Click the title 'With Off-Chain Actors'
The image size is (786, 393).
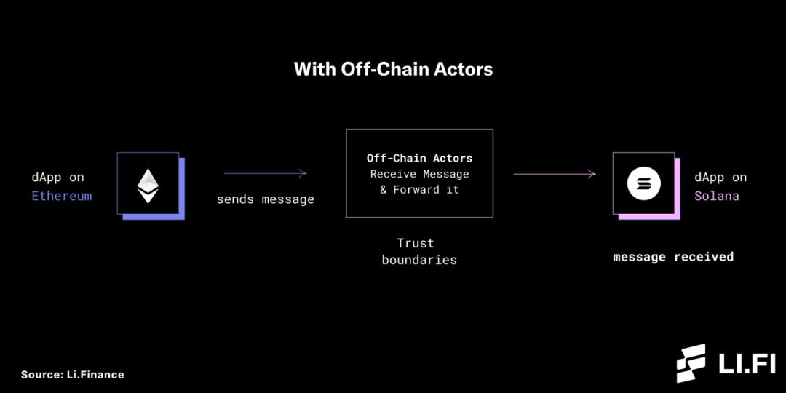click(x=393, y=69)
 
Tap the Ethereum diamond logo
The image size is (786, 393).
click(x=148, y=186)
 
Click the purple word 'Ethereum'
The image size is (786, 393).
click(x=61, y=196)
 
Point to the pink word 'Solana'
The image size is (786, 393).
click(x=716, y=196)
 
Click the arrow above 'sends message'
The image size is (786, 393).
click(x=265, y=173)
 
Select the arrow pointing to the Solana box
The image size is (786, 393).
click(x=554, y=173)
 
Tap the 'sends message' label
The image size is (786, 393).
click(x=265, y=199)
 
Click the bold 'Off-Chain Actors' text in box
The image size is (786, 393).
click(x=419, y=158)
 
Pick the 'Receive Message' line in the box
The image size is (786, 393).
click(x=419, y=174)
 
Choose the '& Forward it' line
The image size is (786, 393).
click(x=419, y=189)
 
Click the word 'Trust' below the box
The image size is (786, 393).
click(x=416, y=243)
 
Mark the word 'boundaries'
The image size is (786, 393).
click(x=419, y=260)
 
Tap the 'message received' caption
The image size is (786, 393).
click(x=672, y=257)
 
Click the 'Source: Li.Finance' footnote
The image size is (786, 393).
click(x=72, y=375)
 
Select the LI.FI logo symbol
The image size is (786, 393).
click(x=691, y=363)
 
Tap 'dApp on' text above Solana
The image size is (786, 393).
click(x=720, y=177)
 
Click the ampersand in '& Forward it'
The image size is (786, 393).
click(x=384, y=189)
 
